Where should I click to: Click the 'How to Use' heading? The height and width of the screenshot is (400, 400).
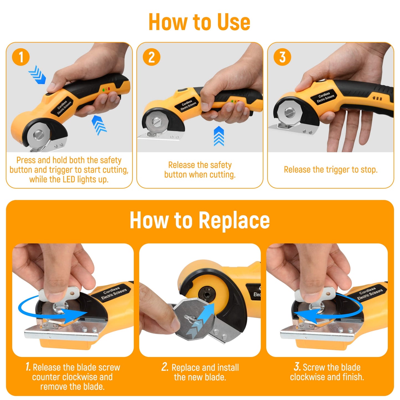(199, 22)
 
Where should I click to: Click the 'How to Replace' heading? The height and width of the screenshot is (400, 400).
(200, 220)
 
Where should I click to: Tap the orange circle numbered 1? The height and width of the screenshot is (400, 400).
(21, 57)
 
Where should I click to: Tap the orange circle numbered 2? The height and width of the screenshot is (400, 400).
(151, 57)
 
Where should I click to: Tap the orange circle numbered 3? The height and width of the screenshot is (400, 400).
(282, 57)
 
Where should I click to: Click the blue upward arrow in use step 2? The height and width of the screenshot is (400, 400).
(219, 136)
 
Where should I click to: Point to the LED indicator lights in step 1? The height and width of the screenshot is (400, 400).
(106, 89)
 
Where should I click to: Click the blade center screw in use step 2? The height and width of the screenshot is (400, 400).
(157, 122)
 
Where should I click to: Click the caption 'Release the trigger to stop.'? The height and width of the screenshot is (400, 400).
(331, 169)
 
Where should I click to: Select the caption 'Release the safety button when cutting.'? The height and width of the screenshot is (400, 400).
(200, 170)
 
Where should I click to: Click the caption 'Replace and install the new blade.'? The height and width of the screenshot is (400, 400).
(200, 372)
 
